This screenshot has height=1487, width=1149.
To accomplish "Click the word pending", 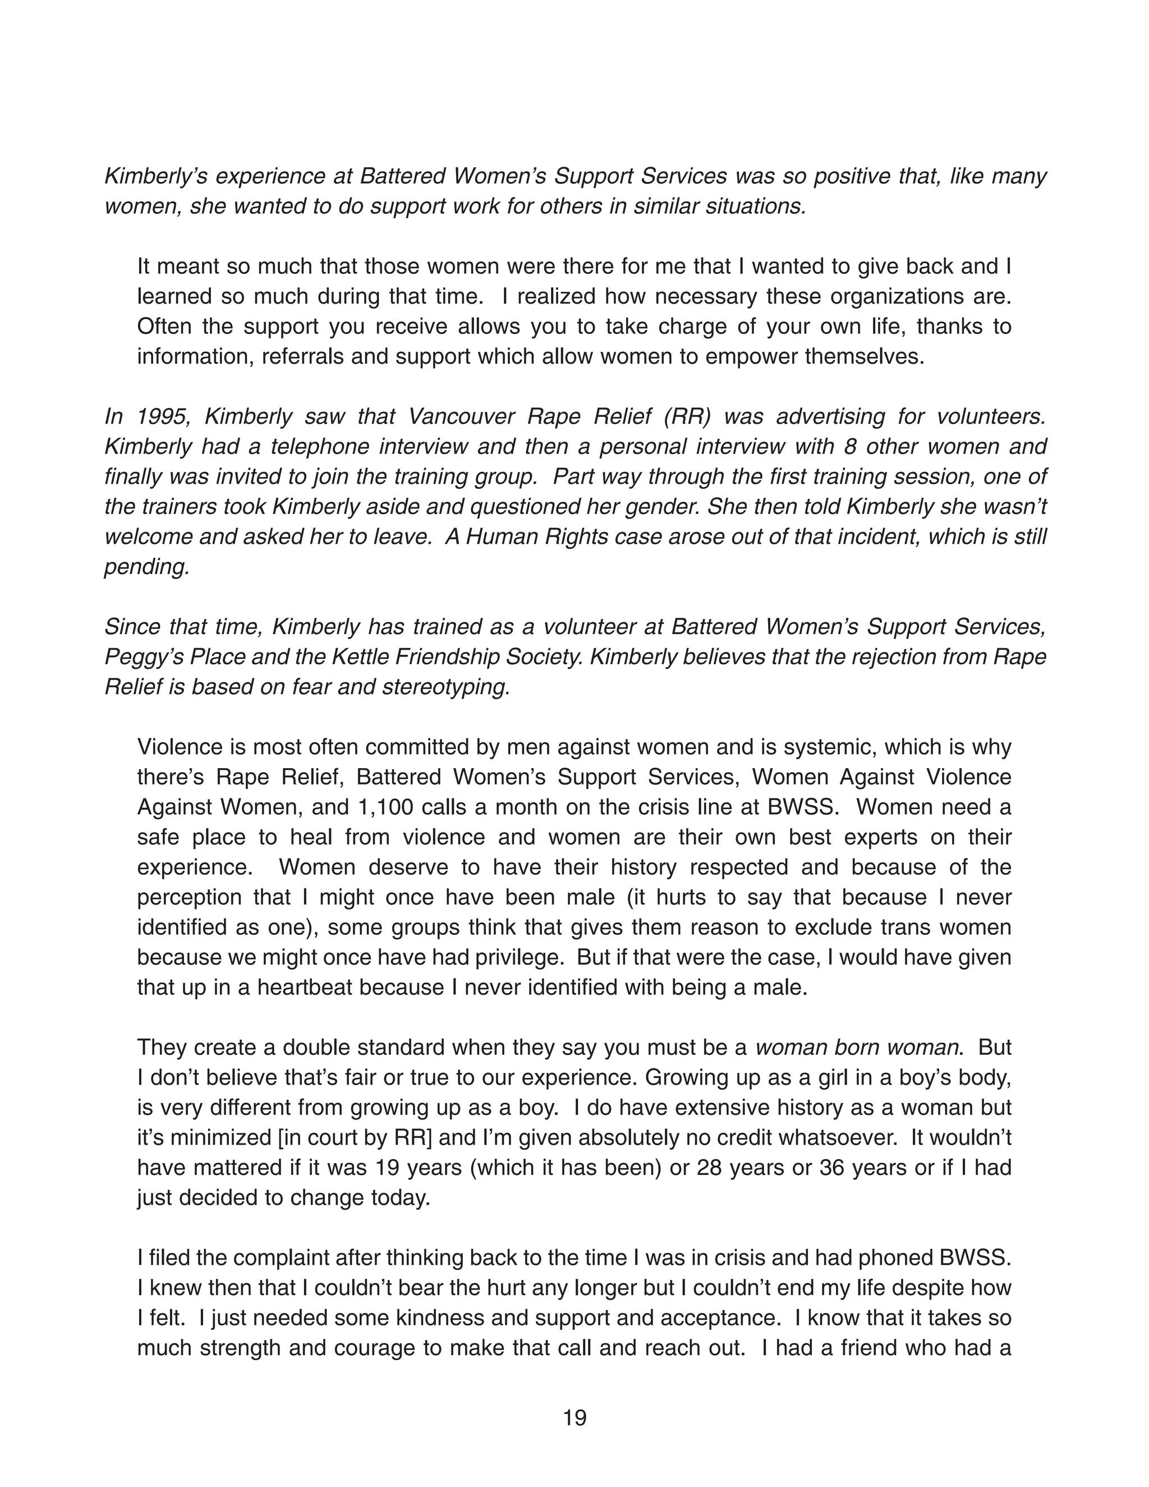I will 146,567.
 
